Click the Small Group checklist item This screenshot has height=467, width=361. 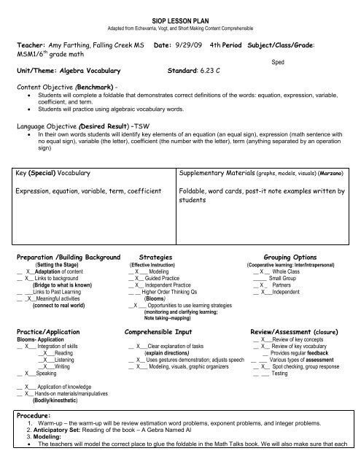[x=283, y=278]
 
